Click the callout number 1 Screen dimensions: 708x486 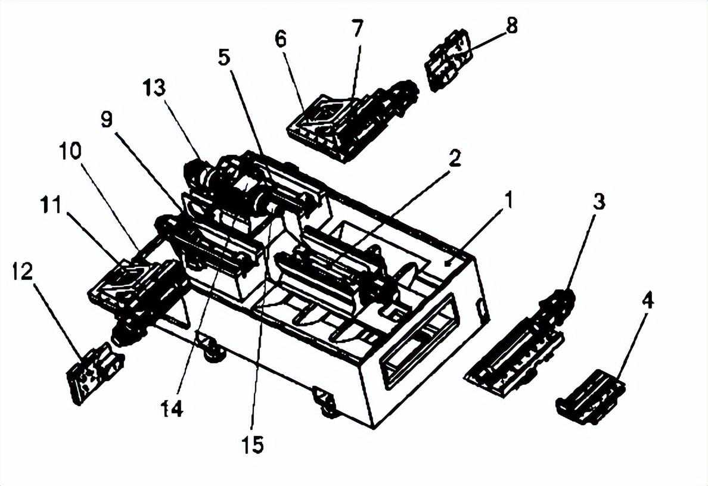[508, 200]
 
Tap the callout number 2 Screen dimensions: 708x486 [454, 158]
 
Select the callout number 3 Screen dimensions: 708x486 [598, 202]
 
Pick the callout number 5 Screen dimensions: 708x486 [224, 57]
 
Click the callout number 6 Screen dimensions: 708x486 [280, 39]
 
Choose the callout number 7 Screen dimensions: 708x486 [356, 29]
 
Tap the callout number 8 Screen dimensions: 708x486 [511, 25]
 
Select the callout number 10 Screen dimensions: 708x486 [70, 151]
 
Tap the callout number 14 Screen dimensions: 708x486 [172, 409]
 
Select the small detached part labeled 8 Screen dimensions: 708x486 [448, 61]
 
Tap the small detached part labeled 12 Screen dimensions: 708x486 [94, 373]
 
